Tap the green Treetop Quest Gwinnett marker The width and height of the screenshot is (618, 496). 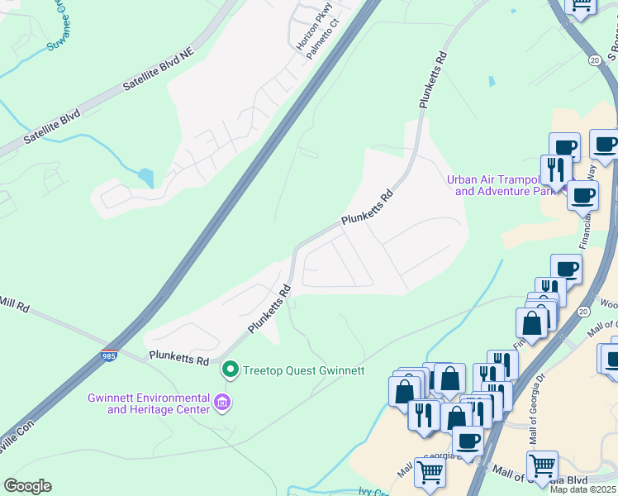[231, 370]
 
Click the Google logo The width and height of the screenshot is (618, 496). [27, 486]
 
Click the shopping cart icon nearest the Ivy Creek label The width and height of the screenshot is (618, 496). [430, 472]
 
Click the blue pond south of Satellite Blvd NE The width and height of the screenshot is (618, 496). [146, 177]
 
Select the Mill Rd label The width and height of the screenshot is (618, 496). [15, 306]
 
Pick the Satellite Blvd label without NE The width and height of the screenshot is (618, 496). [51, 126]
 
